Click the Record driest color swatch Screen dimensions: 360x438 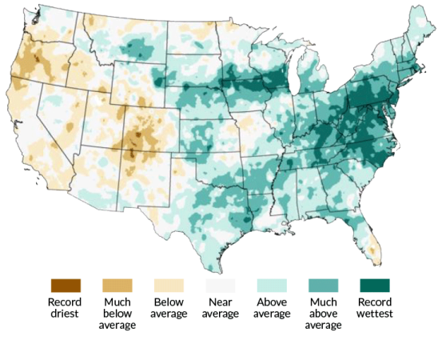pyautogui.click(x=66, y=285)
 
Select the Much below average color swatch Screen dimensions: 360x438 pyautogui.click(x=117, y=285)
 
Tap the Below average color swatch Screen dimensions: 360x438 pyautogui.click(x=169, y=285)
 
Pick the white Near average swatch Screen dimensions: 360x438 pyautogui.click(x=221, y=285)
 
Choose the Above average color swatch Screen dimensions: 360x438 pyautogui.click(x=273, y=285)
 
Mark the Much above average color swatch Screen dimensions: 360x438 pyautogui.click(x=325, y=285)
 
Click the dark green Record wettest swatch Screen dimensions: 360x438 pyautogui.click(x=376, y=285)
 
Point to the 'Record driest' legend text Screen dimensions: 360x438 pyautogui.click(x=66, y=308)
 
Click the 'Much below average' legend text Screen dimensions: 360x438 pyautogui.click(x=117, y=313)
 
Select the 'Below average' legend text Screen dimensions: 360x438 pyautogui.click(x=169, y=308)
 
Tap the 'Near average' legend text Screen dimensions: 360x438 pyautogui.click(x=221, y=308)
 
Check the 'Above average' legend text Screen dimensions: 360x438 pyautogui.click(x=273, y=308)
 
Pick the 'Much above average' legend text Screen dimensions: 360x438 pyautogui.click(x=325, y=313)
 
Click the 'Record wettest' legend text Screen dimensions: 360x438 pyautogui.click(x=376, y=308)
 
